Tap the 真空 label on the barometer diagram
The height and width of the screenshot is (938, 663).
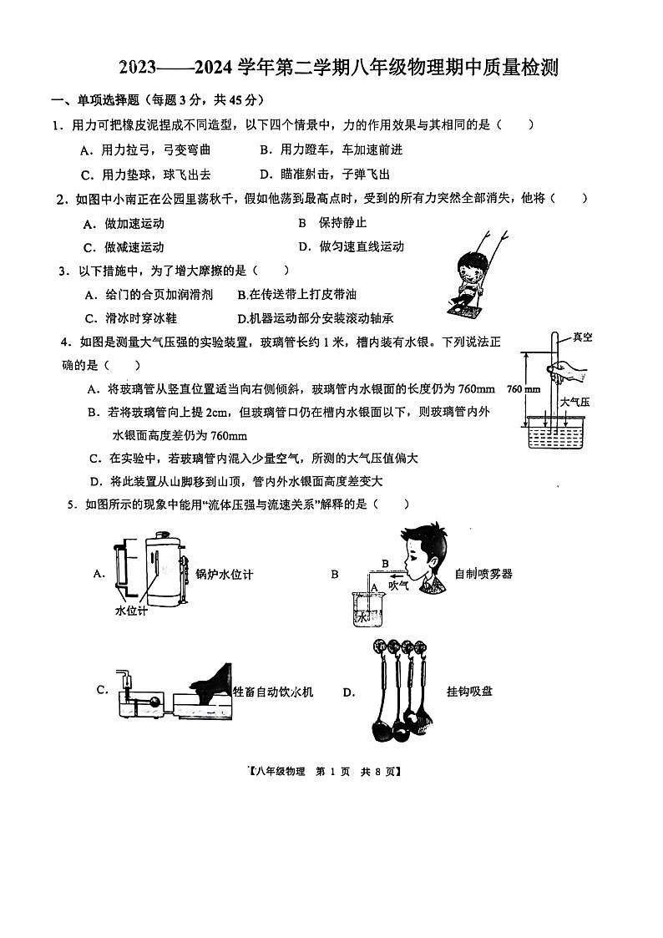pyautogui.click(x=581, y=337)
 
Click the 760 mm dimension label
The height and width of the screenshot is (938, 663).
pyautogui.click(x=524, y=389)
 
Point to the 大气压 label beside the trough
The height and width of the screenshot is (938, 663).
pyautogui.click(x=574, y=402)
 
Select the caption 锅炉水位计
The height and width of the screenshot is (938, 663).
pyautogui.click(x=224, y=574)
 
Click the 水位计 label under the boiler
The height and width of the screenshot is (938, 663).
pyautogui.click(x=130, y=611)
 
